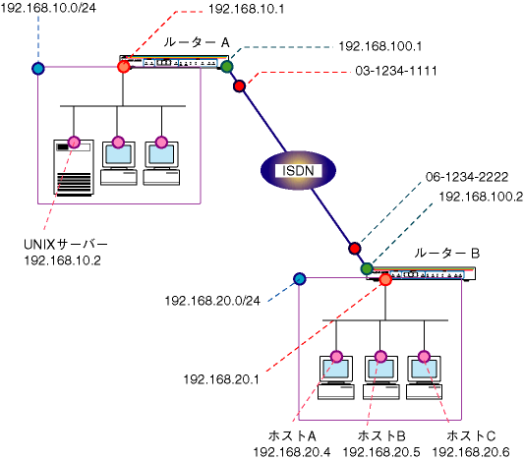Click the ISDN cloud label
click(x=298, y=171)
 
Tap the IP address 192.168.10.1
click(x=247, y=9)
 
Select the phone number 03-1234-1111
click(x=396, y=71)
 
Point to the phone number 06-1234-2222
click(x=467, y=177)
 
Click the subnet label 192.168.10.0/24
click(x=48, y=8)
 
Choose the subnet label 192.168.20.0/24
click(x=212, y=301)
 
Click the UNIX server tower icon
click(x=74, y=168)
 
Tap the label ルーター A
click(x=197, y=42)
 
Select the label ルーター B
click(x=446, y=254)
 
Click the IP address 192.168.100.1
click(x=380, y=46)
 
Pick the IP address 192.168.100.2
click(x=481, y=197)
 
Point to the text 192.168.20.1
click(x=221, y=379)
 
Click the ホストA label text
click(x=292, y=436)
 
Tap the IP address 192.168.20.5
click(x=381, y=452)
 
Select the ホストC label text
click(x=471, y=436)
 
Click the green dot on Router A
click(x=227, y=67)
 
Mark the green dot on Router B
click(x=367, y=268)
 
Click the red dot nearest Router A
click(x=239, y=86)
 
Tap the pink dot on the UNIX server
click(x=74, y=143)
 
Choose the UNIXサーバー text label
click(x=66, y=245)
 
